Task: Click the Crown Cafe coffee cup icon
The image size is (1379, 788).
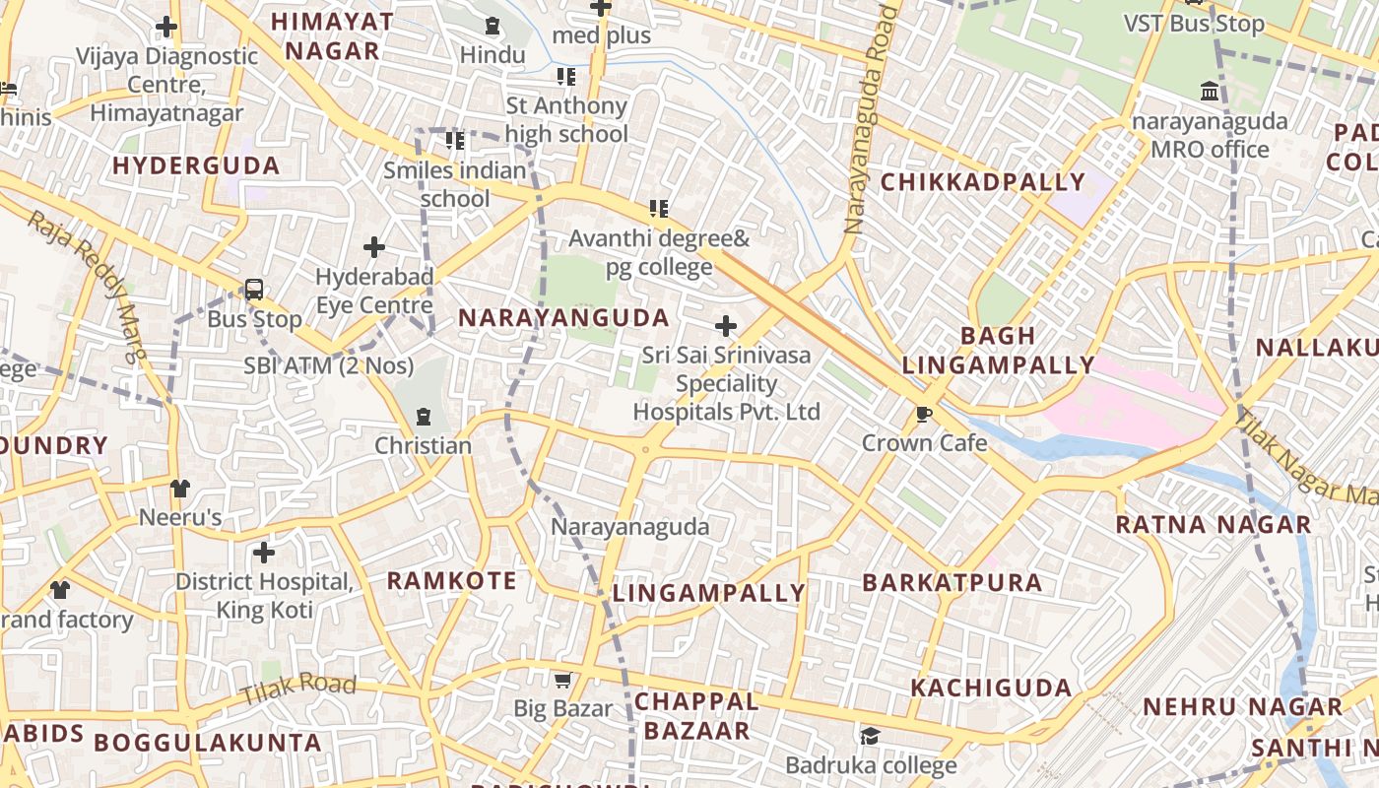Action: click(923, 415)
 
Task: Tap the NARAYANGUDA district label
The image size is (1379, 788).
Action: click(563, 318)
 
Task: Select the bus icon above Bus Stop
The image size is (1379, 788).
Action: click(254, 290)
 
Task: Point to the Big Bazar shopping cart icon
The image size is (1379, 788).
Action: click(562, 680)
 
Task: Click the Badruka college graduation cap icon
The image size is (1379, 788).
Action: click(870, 736)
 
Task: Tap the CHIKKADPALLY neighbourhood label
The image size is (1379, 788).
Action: click(982, 182)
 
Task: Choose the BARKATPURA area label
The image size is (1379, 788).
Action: click(952, 582)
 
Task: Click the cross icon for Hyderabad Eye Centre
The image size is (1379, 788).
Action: click(374, 247)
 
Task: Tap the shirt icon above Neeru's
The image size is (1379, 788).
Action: click(179, 488)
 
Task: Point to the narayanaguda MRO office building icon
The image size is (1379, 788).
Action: click(1210, 93)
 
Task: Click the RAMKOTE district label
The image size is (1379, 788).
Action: click(451, 580)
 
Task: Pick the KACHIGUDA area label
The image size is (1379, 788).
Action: click(991, 688)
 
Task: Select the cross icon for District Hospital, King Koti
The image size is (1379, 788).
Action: click(264, 553)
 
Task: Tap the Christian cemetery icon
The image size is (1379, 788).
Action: click(424, 417)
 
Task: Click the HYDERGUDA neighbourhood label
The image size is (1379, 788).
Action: click(196, 165)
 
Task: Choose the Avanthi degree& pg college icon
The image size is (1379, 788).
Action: click(658, 209)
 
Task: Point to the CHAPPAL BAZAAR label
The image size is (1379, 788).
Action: click(696, 716)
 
